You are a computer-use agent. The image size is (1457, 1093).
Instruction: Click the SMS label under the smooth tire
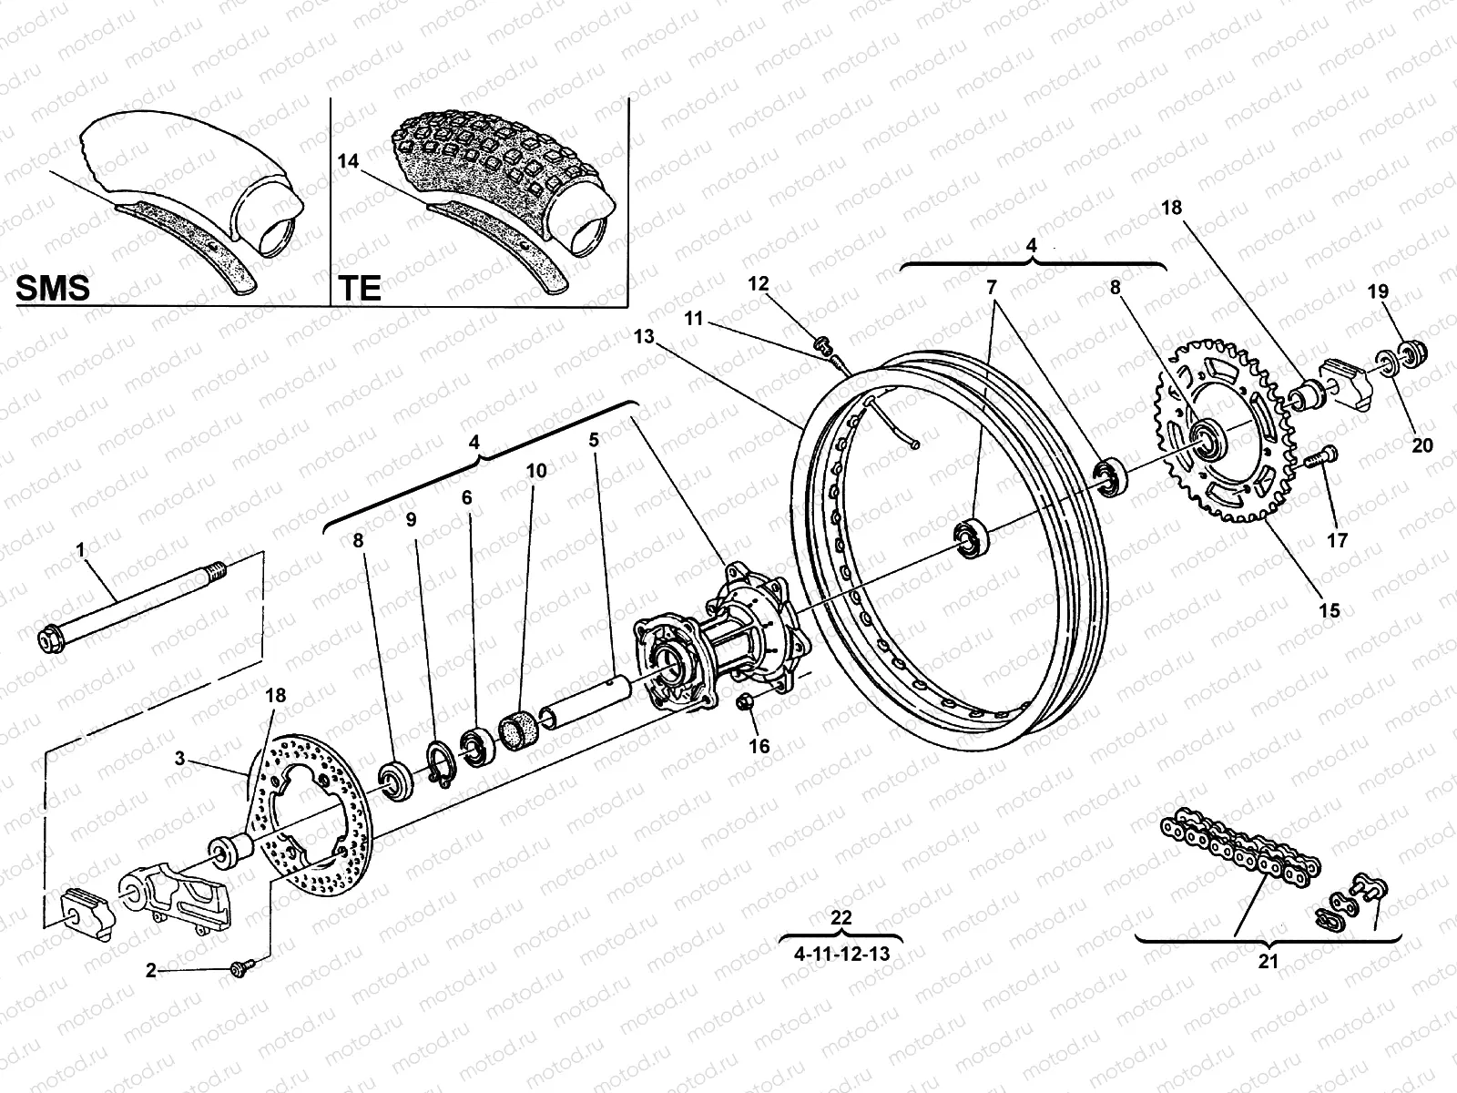point(54,288)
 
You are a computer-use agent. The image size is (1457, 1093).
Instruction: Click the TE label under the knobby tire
point(360,288)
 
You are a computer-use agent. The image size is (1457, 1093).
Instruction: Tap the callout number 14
point(349,161)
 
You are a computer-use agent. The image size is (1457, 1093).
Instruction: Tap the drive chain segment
point(1238,852)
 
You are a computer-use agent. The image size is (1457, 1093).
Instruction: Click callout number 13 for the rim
point(644,337)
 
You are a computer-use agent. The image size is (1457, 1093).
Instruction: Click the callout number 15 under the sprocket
point(1330,610)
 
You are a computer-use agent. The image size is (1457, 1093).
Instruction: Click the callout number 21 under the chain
point(1269,960)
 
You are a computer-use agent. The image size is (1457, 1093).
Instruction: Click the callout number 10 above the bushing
point(536,471)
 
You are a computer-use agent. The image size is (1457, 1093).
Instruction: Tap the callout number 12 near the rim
point(759,284)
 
